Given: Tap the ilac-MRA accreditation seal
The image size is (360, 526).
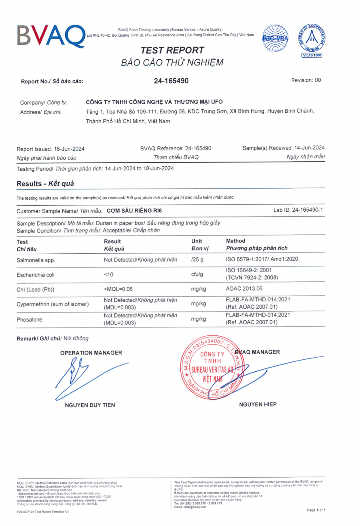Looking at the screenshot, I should click(275, 38).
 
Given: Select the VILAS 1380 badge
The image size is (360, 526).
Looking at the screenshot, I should click(312, 55).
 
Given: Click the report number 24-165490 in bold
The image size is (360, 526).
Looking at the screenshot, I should click(171, 81).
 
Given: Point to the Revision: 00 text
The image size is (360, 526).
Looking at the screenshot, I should click(306, 80).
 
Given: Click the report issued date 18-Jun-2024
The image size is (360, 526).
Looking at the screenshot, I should click(69, 149).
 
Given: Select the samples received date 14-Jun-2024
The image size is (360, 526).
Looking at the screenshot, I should click(309, 148).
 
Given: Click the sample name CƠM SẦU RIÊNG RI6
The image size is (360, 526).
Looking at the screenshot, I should click(134, 211).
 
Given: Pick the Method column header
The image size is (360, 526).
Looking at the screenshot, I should click(235, 241).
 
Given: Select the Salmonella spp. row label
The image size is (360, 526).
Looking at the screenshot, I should click(36, 260).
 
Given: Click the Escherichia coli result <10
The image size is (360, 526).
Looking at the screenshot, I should click(109, 274).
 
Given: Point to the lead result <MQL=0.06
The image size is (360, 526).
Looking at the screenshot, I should click(118, 289).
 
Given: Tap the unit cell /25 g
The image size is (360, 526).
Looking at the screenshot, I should click(197, 259).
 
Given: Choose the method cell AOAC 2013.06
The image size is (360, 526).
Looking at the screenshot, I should click(244, 289).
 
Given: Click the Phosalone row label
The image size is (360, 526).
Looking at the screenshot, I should click(29, 320).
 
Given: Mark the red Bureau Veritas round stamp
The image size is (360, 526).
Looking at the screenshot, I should click(211, 367).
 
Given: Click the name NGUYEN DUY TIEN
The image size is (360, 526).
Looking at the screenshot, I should click(90, 405).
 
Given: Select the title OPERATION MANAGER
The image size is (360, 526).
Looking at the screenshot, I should click(91, 353).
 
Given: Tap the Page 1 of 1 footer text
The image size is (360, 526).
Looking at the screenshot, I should click(316, 510).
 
